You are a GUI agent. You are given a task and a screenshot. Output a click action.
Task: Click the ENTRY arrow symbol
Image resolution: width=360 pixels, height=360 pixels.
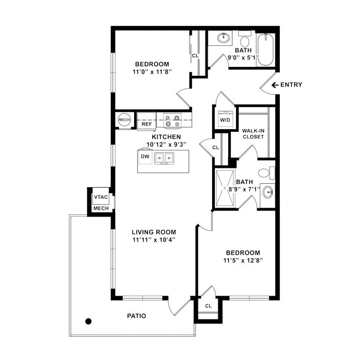coord(275,85)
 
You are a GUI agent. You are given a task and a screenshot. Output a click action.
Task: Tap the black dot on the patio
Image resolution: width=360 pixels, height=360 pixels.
coord(89,321)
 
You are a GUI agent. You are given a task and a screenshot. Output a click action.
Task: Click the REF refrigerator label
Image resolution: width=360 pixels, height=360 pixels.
coord(147,124)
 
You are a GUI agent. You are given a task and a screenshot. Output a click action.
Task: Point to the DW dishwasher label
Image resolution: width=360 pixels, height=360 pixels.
coord(145,157)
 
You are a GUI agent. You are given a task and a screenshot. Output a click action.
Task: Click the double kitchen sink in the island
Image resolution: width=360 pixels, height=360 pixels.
coord(164,158)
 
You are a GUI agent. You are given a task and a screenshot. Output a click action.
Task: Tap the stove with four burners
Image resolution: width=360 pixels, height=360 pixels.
coord(172,120)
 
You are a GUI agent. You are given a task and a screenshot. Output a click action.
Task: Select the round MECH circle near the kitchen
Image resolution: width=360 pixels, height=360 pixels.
coord(125,120)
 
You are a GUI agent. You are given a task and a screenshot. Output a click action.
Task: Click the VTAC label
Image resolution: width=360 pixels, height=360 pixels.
coord(101,197)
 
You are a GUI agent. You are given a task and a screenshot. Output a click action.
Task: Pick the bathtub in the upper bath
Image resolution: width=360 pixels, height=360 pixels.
coord(266,50)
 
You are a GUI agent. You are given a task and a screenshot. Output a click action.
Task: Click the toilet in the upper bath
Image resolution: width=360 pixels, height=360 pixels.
coord(245,39)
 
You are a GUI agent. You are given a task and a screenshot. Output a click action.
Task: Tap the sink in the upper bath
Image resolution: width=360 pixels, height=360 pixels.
coord(223,38)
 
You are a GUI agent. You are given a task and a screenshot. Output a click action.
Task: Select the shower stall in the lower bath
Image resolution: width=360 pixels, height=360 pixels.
coord(225,188)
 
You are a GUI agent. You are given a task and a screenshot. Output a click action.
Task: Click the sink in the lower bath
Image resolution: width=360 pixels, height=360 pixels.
coord(268,192)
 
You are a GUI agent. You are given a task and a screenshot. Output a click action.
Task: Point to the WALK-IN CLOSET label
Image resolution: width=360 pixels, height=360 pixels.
coord(253,133)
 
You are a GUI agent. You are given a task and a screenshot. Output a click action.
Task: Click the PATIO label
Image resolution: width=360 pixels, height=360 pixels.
coord(137,316)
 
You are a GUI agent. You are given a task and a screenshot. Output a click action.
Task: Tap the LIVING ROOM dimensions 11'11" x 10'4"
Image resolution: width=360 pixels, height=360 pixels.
coord(154,240)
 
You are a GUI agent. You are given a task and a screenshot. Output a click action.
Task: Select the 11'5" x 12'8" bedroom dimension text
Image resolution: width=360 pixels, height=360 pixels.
coord(243,261)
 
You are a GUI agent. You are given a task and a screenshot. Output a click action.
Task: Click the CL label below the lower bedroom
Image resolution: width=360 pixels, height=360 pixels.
coord(208,306)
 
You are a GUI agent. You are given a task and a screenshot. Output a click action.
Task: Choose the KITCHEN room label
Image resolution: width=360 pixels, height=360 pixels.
coord(166,137)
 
